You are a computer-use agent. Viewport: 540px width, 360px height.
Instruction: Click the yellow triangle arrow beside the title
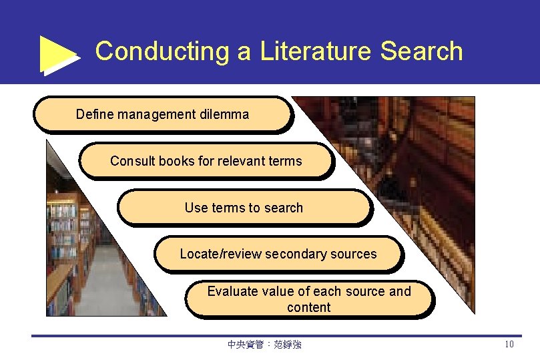pos(59,53)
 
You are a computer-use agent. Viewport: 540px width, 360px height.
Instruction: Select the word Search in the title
pos(421,51)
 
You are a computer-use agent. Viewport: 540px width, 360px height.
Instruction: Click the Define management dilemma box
pos(163,114)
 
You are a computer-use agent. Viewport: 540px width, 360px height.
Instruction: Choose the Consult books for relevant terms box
pos(206,161)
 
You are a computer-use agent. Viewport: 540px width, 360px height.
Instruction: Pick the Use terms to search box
pos(244,208)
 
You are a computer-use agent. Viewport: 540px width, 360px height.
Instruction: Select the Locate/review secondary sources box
pos(278,254)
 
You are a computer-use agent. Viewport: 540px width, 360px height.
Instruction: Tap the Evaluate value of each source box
pos(309,299)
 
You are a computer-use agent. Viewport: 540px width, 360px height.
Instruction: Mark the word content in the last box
pos(309,307)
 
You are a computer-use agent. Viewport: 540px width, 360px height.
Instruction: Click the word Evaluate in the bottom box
pos(232,291)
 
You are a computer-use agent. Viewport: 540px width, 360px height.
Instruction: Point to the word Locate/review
pos(220,254)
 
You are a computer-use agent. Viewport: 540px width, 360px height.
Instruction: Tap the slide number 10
pos(509,345)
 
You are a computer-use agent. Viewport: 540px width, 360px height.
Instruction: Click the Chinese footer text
pos(264,345)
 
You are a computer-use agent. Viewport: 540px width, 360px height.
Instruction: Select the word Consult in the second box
pos(132,161)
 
